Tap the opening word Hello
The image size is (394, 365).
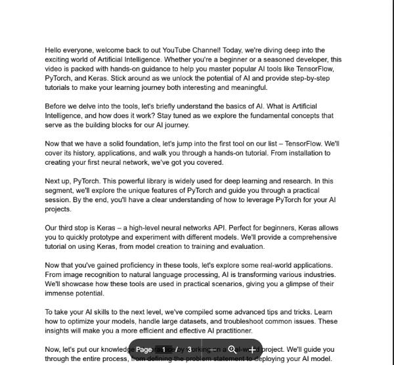(55, 50)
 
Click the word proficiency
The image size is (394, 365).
(143, 265)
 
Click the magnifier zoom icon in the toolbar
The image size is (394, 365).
(232, 350)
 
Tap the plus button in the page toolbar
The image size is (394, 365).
(252, 350)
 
